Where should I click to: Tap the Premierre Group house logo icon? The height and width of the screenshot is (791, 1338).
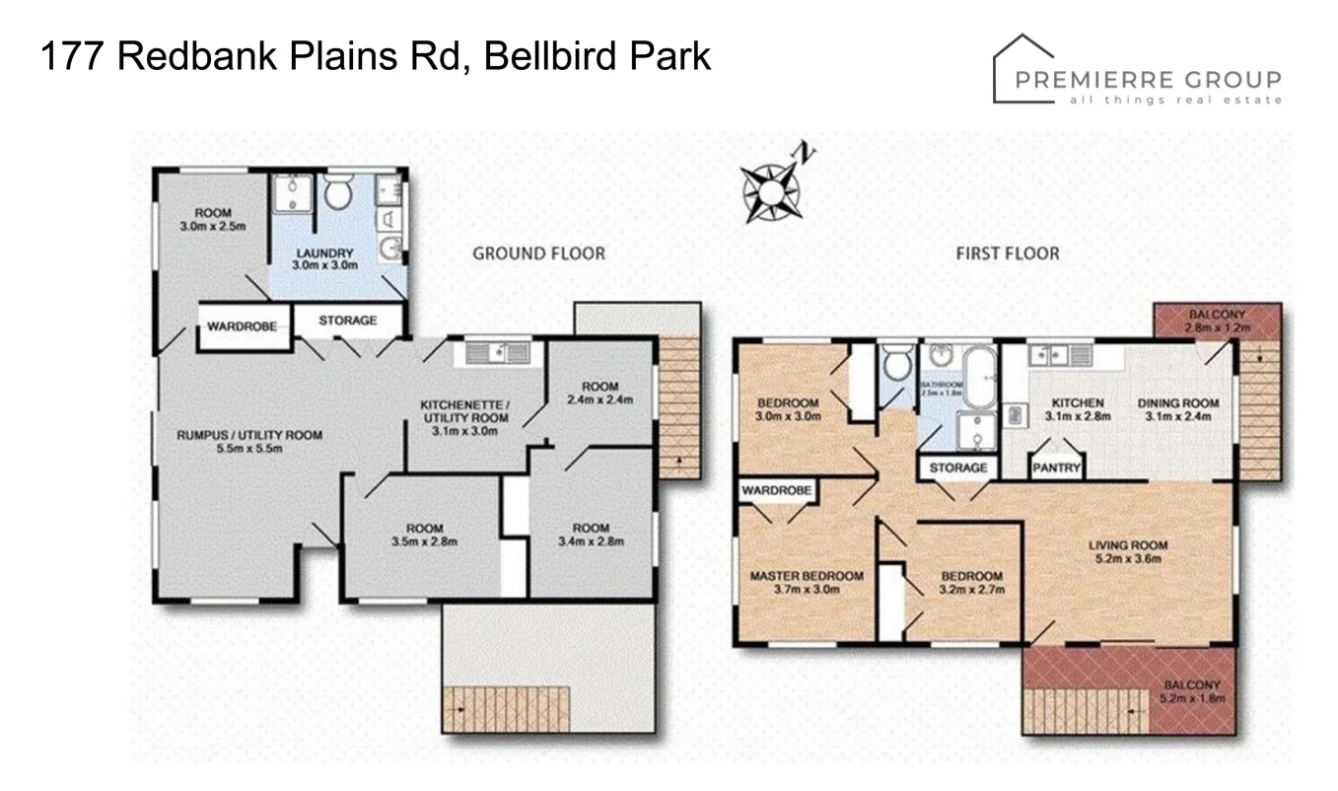(1022, 69)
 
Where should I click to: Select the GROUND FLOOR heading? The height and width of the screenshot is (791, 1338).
(538, 253)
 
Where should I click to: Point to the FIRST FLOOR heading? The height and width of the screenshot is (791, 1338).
(1007, 253)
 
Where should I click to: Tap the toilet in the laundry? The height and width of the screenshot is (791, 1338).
(338, 192)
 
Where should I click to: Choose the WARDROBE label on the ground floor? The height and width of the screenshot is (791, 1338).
(242, 325)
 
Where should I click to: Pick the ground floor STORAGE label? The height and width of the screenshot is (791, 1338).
(347, 321)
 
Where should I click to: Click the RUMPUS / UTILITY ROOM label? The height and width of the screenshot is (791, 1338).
(249, 435)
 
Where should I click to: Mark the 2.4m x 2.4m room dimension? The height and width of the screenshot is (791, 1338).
(599, 400)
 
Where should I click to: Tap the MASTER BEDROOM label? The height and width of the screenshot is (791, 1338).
(807, 577)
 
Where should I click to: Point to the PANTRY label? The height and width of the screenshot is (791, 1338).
(1056, 468)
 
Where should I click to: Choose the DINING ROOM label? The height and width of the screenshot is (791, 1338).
(1177, 403)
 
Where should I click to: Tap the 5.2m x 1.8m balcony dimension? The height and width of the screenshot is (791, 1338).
(1192, 698)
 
